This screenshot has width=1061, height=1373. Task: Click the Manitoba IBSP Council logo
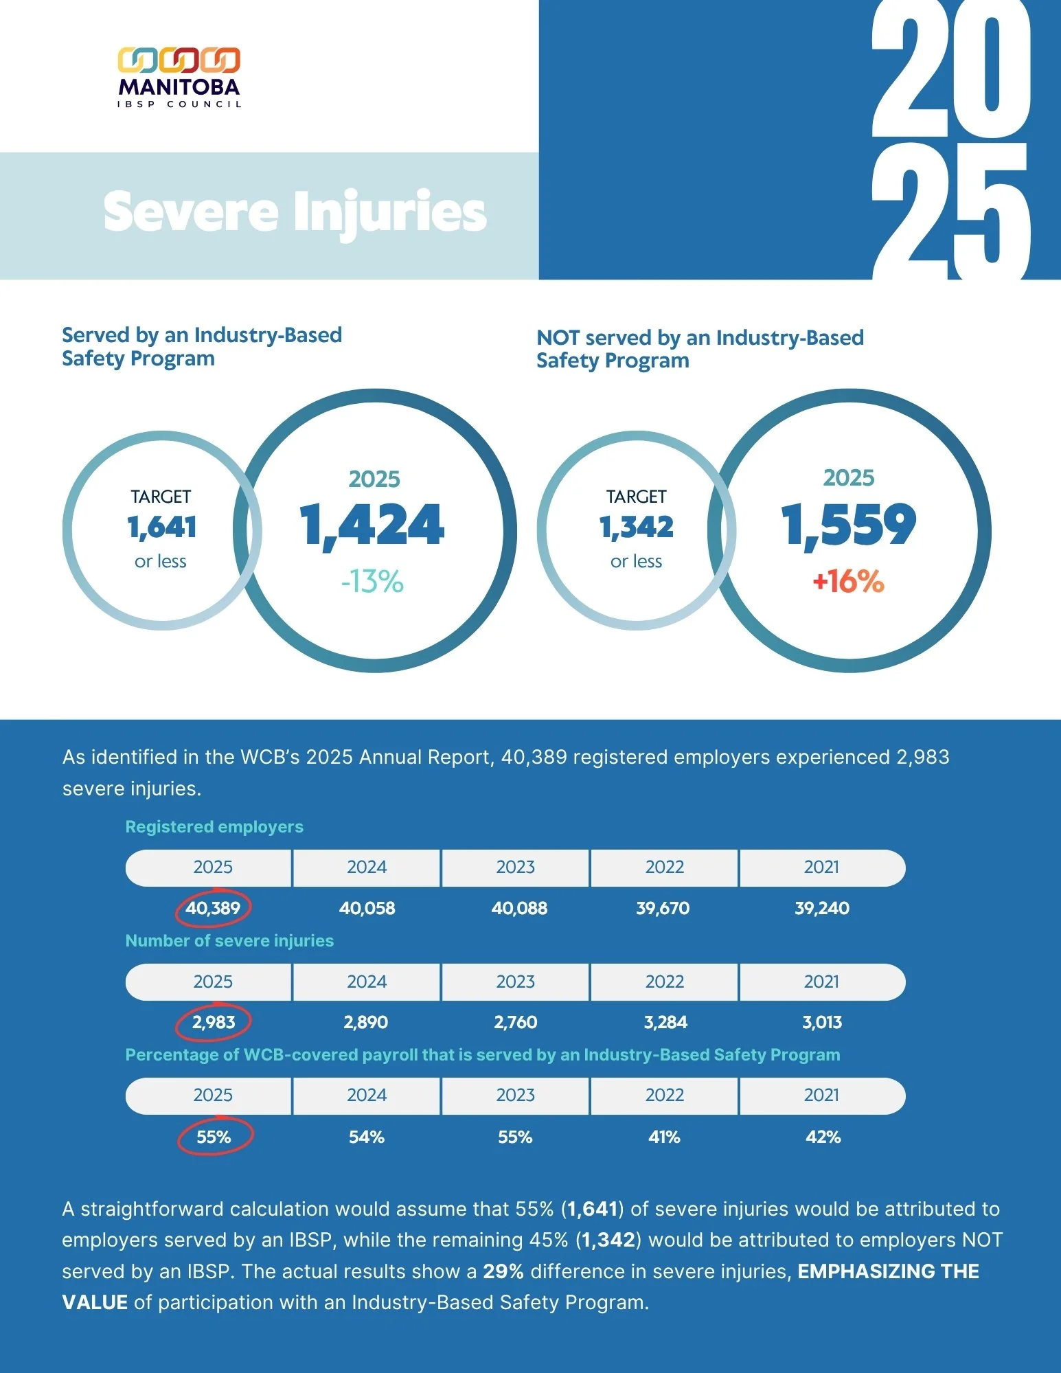pos(179,78)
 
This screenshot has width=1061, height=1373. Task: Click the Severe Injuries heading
pos(295,211)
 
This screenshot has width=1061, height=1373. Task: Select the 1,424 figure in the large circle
pos(372,526)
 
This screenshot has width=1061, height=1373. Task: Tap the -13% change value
pos(372,582)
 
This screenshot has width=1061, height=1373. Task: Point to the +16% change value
pos(848,581)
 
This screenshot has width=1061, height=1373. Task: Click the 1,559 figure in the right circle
pos(849,525)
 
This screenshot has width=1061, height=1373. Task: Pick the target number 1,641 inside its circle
pos(162,527)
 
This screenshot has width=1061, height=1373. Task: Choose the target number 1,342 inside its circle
pos(637,527)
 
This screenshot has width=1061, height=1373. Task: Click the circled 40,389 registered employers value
pos(213,908)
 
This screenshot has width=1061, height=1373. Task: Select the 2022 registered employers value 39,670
pos(663,908)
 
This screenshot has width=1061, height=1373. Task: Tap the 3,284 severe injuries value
pos(665,1022)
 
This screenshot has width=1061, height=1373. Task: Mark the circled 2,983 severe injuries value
pos(214,1022)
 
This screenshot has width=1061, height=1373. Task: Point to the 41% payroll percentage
pos(664,1137)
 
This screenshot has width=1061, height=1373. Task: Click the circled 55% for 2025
pos(214,1137)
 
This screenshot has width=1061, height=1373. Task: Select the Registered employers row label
pos(214,826)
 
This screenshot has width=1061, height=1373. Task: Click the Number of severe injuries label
pos(229,940)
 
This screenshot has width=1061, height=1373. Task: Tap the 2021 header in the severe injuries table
pos(821,981)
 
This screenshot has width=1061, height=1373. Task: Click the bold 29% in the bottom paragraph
pos(503,1271)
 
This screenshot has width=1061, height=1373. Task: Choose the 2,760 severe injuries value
pos(516,1022)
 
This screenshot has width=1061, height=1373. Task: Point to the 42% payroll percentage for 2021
pos(823,1137)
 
